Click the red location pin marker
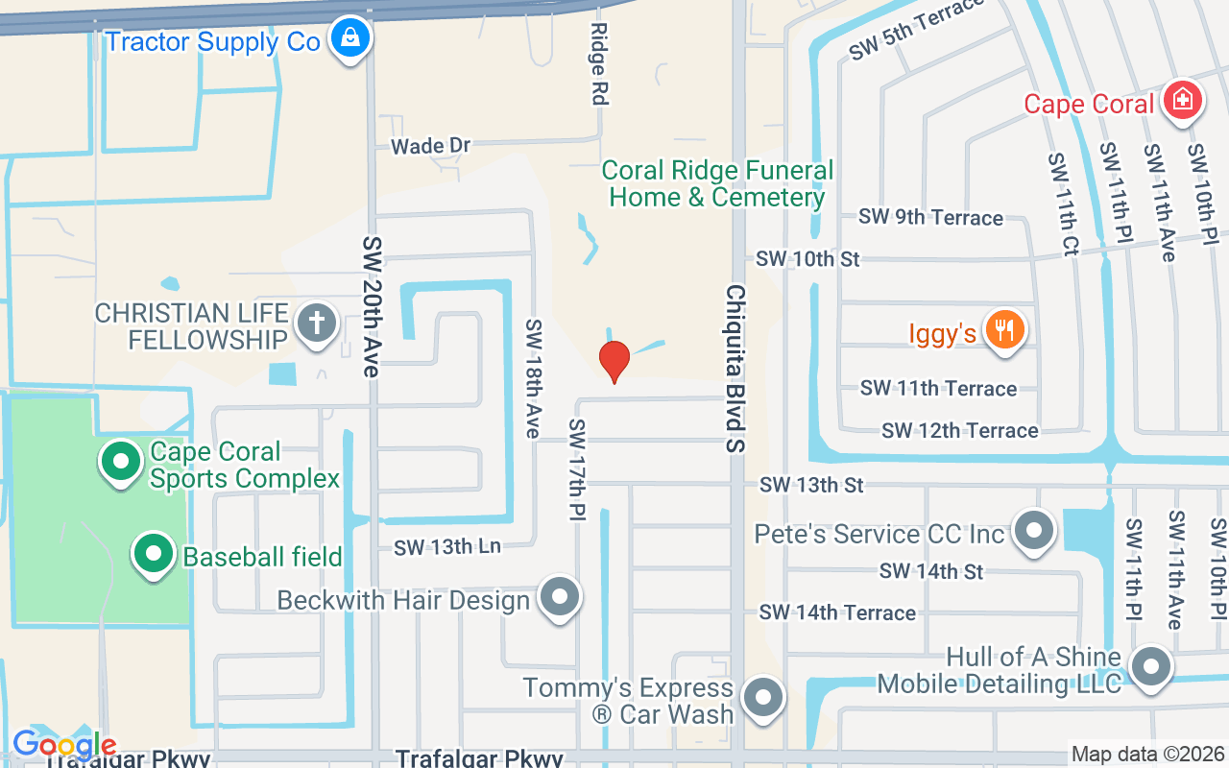(x=614, y=361)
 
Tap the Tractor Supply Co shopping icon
(x=349, y=40)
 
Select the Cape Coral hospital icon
(x=1183, y=101)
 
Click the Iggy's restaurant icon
(x=1005, y=332)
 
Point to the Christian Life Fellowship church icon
(x=316, y=324)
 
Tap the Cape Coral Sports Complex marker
(x=121, y=462)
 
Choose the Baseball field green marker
(x=153, y=554)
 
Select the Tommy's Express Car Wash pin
(x=763, y=699)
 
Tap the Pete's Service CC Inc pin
(x=1035, y=531)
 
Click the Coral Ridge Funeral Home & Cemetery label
(x=717, y=184)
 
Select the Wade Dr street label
(x=430, y=146)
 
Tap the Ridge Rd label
(x=600, y=64)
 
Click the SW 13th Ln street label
(x=446, y=546)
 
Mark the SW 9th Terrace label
(x=930, y=218)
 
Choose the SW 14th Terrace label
(x=837, y=612)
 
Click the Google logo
(x=63, y=744)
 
